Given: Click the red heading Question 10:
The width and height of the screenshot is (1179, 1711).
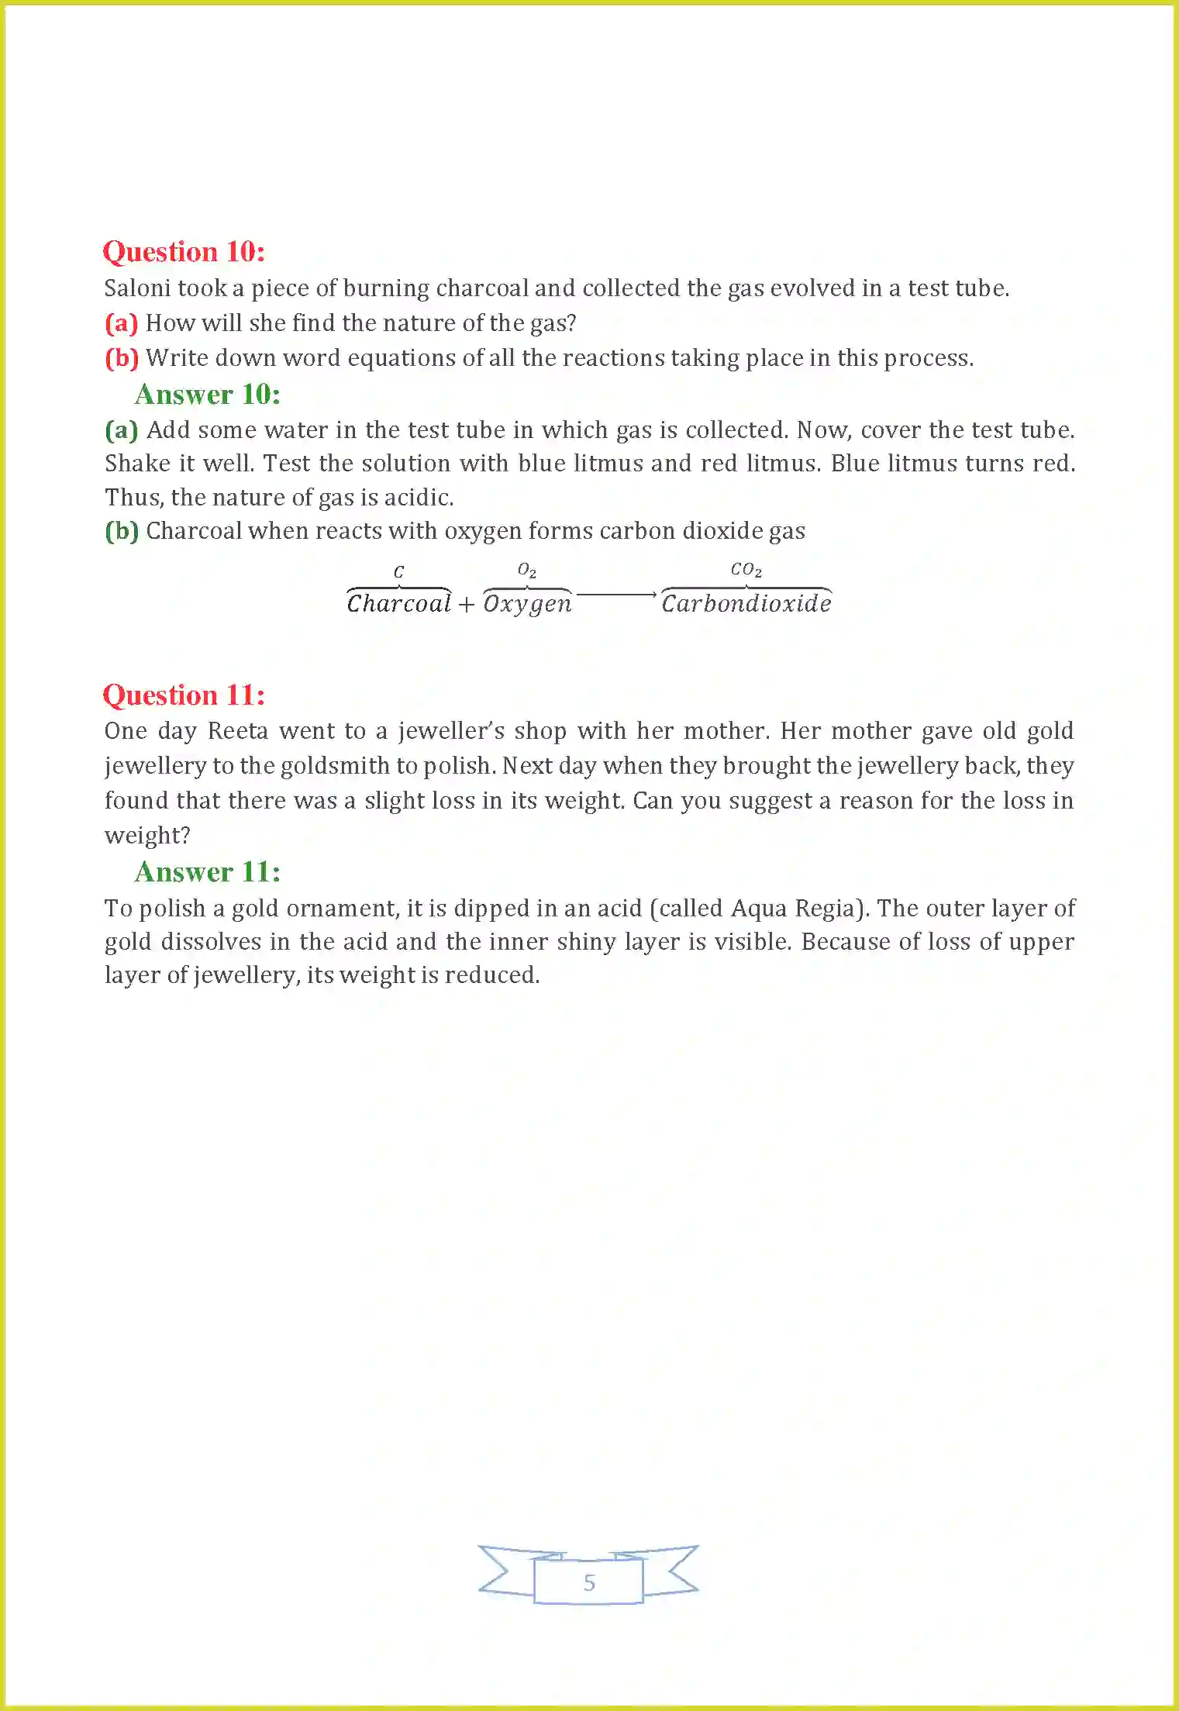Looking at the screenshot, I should point(184,252).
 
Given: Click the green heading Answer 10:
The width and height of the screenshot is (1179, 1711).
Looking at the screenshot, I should point(207,395).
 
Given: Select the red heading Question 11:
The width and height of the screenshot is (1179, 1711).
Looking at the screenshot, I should point(184,695).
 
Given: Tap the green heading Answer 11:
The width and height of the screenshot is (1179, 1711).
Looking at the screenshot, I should point(207,872).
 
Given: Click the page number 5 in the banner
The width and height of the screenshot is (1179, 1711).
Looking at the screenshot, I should point(589,1582).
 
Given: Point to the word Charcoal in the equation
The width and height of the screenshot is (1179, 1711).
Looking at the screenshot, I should point(398,603).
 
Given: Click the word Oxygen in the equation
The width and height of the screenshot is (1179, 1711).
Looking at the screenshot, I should point(527,604).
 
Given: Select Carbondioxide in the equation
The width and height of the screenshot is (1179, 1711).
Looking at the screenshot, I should point(746,603).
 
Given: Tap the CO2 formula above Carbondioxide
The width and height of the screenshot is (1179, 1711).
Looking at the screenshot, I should point(746,570).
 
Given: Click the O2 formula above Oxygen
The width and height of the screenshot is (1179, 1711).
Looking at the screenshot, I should point(526,571).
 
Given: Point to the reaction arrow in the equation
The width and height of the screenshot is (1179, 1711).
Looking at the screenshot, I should point(616,595).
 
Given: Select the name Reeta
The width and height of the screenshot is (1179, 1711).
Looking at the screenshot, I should point(237,731).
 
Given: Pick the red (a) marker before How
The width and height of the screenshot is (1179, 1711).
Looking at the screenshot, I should point(121,323).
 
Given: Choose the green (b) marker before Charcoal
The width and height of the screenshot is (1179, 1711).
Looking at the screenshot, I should point(122,531).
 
